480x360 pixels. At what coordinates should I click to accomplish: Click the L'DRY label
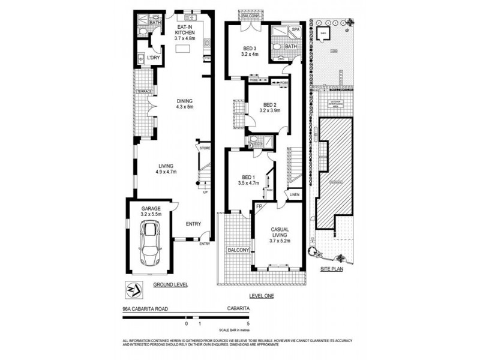152,58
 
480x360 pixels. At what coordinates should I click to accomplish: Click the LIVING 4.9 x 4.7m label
166,170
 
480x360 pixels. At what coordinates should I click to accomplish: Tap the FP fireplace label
259,207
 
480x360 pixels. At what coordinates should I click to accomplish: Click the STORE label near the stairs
205,147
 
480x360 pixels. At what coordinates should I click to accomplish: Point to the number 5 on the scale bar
248,324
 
